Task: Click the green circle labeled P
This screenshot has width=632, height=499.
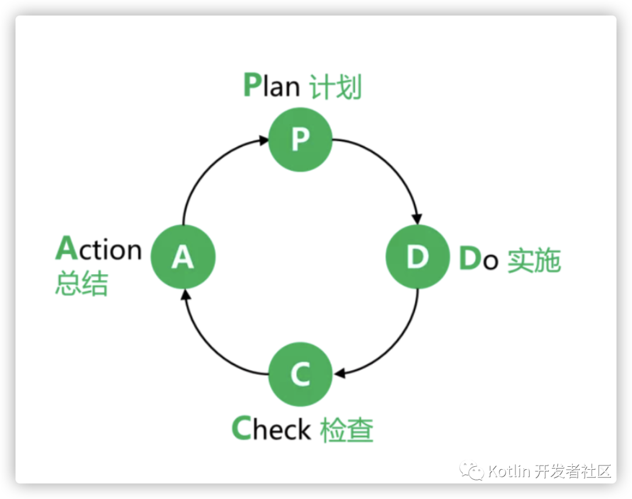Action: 300,140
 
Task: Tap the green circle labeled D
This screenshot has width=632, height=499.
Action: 417,257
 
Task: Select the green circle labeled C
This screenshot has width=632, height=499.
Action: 300,374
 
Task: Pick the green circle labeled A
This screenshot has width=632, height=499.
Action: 183,257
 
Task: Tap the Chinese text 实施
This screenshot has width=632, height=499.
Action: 534,261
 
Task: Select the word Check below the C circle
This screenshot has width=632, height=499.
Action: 271,429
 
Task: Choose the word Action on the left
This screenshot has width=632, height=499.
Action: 99,249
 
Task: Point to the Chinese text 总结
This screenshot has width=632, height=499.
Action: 82,284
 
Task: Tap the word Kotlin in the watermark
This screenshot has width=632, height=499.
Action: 509,471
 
